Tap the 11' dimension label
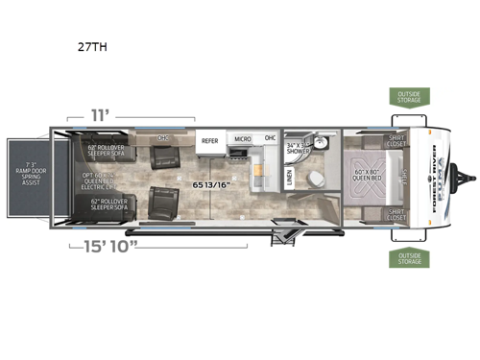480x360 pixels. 101,113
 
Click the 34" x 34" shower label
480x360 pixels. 299,147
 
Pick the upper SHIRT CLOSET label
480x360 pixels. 397,141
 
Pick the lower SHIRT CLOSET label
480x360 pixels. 397,214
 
